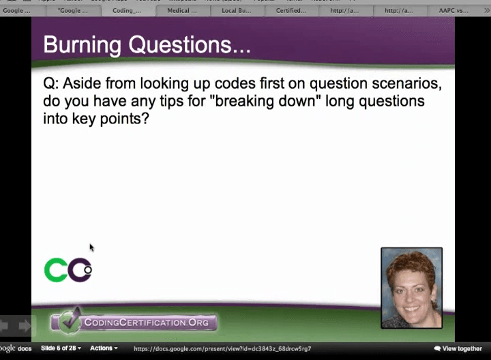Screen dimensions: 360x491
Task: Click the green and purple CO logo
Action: coord(68,270)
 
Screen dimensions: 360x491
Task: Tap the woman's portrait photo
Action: coord(411,288)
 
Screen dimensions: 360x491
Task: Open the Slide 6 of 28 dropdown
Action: coord(61,348)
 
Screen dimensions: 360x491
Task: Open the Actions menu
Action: coord(104,348)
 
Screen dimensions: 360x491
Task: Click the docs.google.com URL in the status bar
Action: coord(222,348)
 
